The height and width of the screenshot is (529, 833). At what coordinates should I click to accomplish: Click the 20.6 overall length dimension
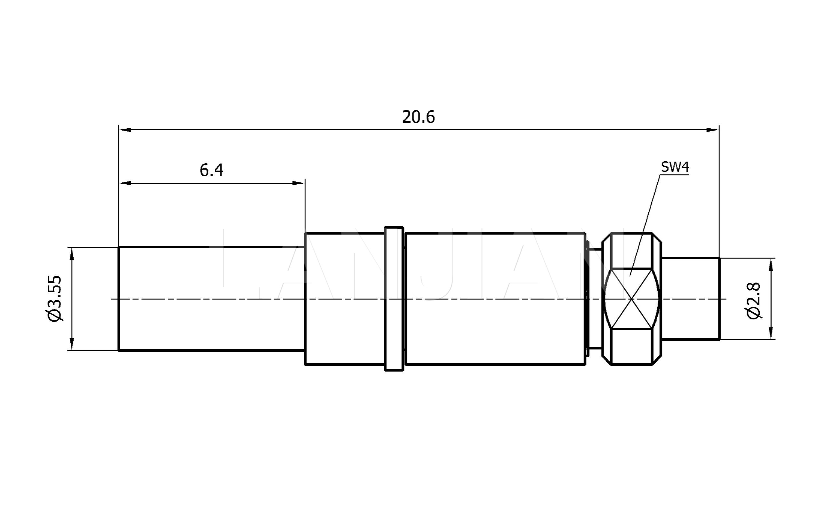coord(418,117)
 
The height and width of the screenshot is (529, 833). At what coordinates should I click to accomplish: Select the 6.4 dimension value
coord(211,170)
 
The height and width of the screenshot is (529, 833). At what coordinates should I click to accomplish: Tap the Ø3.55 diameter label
coord(55,299)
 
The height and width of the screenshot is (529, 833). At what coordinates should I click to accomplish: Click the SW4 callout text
coord(675,167)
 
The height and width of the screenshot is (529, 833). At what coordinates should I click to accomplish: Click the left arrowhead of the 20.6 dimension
coord(125,130)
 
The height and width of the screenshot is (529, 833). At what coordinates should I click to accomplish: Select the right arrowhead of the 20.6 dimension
coord(713,130)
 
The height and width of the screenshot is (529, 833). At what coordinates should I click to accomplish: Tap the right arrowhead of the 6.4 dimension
coord(299,183)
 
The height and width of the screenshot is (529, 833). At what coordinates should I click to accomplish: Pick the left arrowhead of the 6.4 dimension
coord(125,183)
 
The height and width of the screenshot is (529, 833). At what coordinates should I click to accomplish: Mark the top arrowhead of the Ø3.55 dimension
coord(72,253)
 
